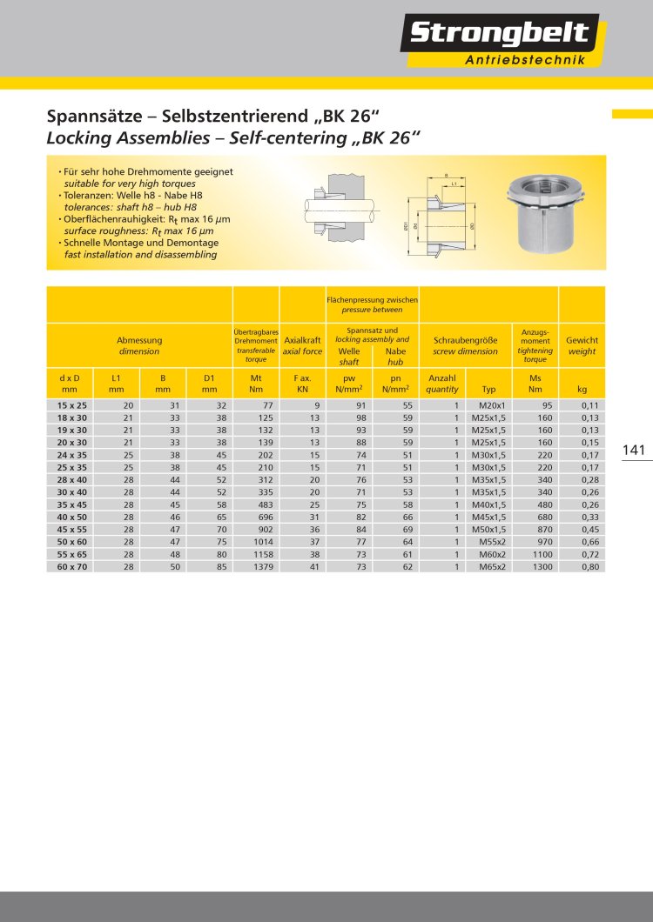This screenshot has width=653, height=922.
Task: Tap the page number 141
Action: tap(634, 450)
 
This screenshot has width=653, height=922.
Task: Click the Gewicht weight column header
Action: tap(582, 346)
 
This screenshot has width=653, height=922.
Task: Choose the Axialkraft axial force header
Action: tap(302, 346)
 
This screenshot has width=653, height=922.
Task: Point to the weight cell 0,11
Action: tap(589, 405)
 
